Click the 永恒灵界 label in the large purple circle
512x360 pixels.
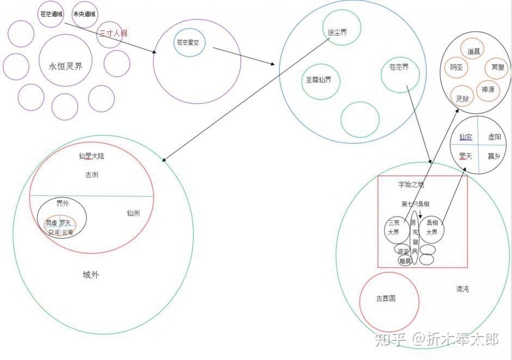click(x=65, y=66)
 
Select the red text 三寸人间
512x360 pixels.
click(x=113, y=33)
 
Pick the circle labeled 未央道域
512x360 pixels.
click(x=84, y=14)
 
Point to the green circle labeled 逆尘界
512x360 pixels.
click(x=337, y=32)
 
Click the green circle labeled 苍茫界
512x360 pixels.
click(x=399, y=68)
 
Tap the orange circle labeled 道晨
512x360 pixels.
click(x=473, y=51)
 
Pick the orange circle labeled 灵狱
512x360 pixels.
click(x=462, y=99)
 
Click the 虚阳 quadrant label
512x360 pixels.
click(x=495, y=137)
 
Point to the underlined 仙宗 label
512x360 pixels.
click(x=466, y=137)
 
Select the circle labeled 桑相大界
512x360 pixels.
click(x=432, y=227)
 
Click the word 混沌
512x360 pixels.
click(x=462, y=289)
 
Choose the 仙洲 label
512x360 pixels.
click(x=133, y=213)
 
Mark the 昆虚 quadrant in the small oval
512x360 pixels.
click(x=52, y=223)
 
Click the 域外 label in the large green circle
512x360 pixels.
click(x=91, y=275)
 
